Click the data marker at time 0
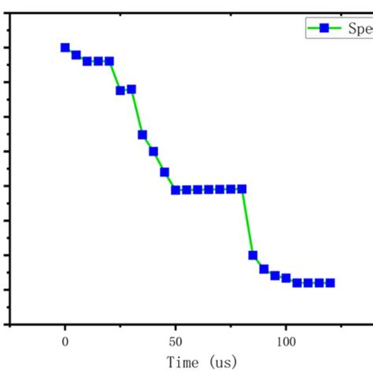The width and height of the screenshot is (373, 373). [x=65, y=47]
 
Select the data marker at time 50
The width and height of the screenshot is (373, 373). [x=175, y=190]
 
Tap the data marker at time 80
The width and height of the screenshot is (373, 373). [x=242, y=189]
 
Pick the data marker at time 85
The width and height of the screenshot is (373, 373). [x=253, y=255]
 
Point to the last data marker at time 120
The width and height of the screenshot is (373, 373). [x=331, y=283]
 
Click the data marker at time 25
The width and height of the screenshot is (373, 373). [x=120, y=90]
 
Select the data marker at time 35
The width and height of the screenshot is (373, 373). [x=142, y=135]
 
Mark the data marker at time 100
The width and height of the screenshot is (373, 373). [x=286, y=278]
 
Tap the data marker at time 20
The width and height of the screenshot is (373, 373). [x=109, y=61]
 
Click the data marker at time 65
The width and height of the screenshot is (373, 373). [x=209, y=190]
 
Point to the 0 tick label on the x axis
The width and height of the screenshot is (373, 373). [x=65, y=342]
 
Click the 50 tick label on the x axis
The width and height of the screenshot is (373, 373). [x=175, y=342]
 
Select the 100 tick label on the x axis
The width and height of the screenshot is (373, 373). [x=286, y=342]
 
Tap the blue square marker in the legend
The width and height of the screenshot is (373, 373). [x=323, y=28]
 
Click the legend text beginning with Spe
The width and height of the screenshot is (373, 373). [x=358, y=28]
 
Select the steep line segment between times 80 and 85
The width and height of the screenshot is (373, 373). [x=247, y=222]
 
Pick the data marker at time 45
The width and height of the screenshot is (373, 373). [x=164, y=172]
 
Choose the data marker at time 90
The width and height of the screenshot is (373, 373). [x=264, y=269]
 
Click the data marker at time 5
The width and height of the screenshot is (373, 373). [x=76, y=55]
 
